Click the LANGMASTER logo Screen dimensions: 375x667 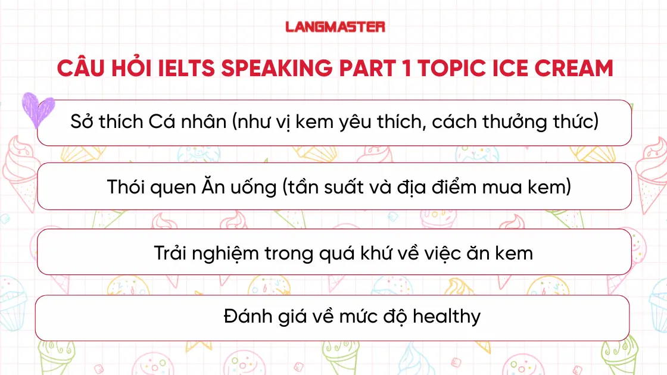[x=335, y=27]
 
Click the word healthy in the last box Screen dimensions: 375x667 [x=446, y=316]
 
